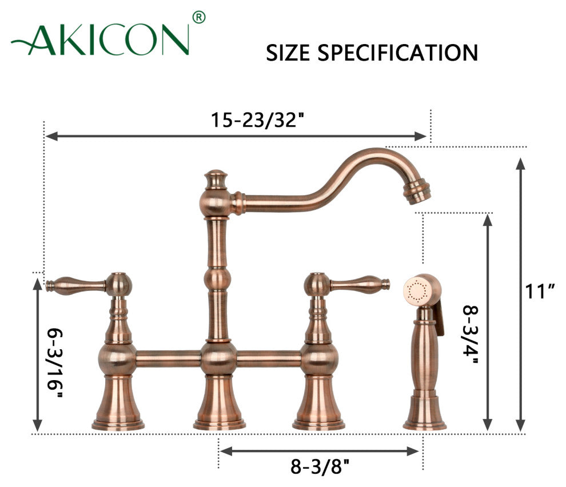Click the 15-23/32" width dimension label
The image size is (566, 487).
click(258, 120)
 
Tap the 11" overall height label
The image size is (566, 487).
click(540, 291)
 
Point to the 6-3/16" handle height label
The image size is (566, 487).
click(55, 363)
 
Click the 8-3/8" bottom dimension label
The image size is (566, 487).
click(320, 467)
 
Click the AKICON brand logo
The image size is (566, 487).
click(100, 39)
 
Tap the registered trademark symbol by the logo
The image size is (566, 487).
click(199, 17)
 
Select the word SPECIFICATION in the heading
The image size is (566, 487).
click(398, 53)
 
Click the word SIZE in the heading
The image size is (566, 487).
click(288, 53)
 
